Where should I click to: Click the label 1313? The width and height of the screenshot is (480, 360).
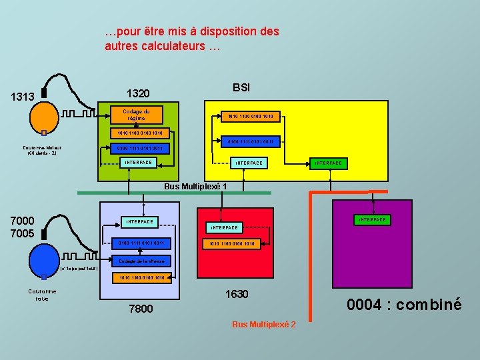(23, 97)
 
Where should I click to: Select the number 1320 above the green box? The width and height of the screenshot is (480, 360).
(138, 93)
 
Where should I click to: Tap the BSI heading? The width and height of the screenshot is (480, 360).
(241, 88)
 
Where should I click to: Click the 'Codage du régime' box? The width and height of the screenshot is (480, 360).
(137, 115)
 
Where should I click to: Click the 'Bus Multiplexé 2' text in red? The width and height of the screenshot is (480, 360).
(264, 324)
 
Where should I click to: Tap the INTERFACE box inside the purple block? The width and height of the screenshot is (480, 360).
(373, 219)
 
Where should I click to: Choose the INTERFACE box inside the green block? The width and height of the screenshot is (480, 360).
(139, 163)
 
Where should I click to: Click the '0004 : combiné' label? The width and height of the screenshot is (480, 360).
(404, 305)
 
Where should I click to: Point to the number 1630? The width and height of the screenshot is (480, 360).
(237, 294)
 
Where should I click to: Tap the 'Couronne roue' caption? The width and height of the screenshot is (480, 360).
(42, 295)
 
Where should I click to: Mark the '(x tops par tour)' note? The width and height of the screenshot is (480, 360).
(79, 269)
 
